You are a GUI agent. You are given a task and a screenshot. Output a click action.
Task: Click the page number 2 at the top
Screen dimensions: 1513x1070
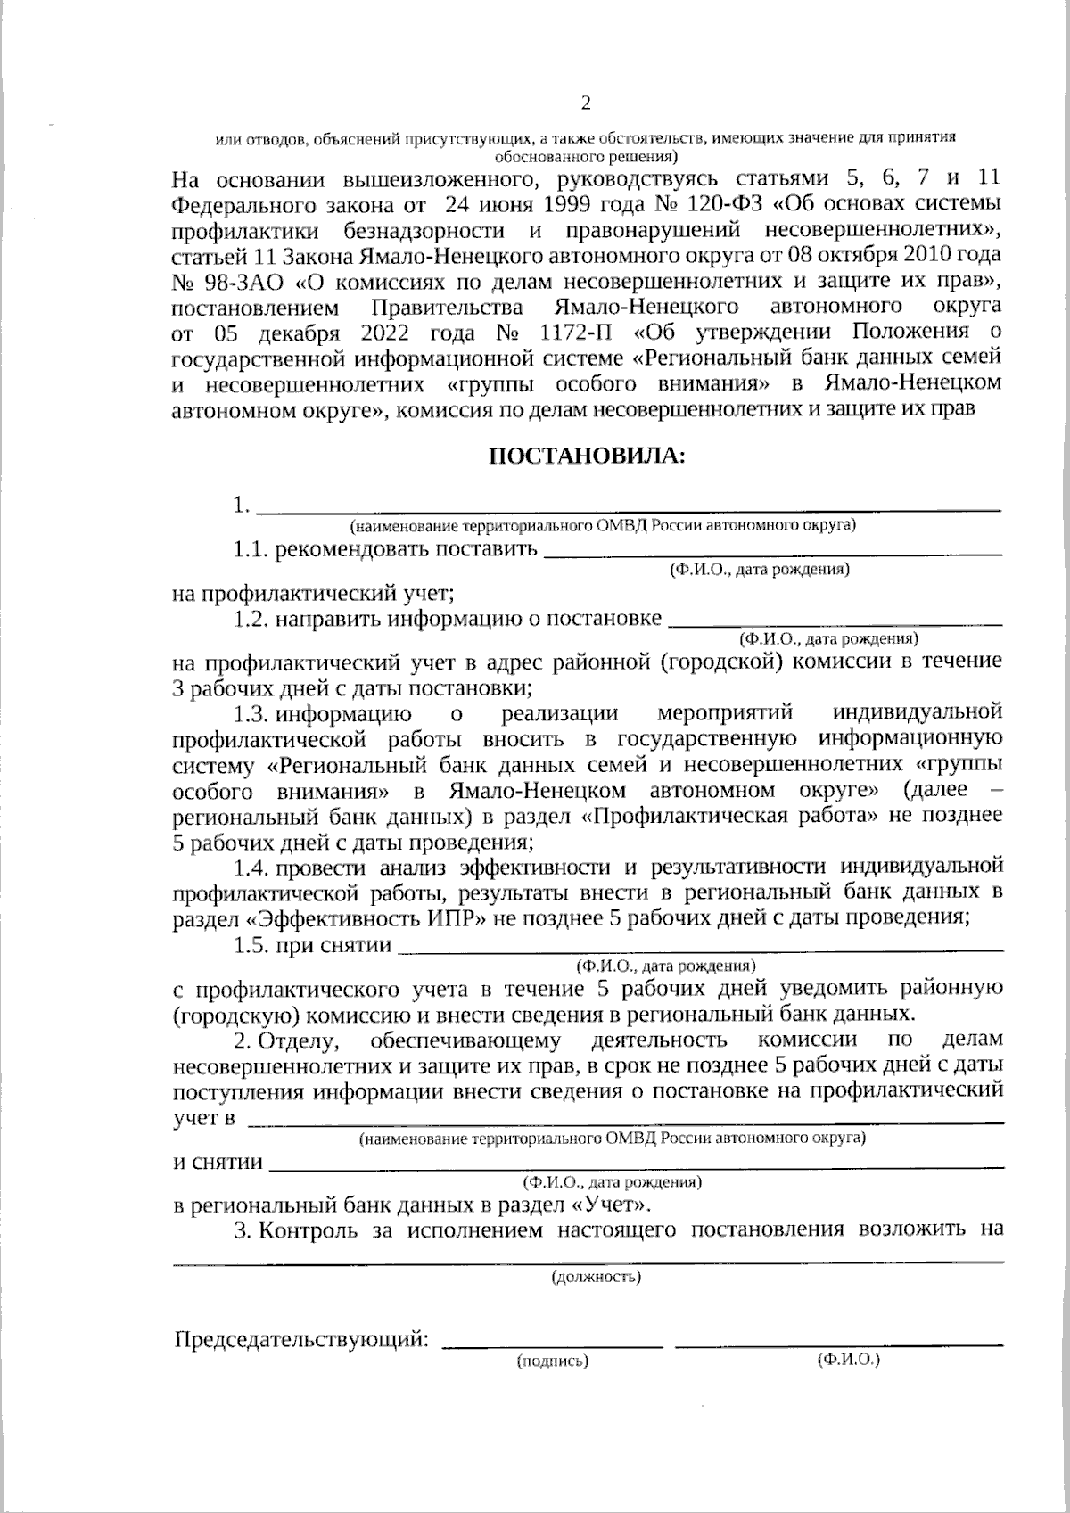coord(586,103)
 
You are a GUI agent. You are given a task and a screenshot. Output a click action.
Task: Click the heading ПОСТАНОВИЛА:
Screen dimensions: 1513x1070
coord(588,456)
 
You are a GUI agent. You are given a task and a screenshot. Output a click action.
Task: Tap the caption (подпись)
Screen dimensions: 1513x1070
coord(553,1361)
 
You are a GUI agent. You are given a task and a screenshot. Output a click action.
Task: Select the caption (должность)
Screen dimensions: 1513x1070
coord(596,1278)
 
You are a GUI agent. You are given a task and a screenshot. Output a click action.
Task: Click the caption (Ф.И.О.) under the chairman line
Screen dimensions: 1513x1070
coord(848,1360)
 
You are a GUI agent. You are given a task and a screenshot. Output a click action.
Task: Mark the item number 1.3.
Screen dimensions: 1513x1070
coord(252,713)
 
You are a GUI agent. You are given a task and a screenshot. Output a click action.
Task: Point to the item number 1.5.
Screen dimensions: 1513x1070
coord(252,945)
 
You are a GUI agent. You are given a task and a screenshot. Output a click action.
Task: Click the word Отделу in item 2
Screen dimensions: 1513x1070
coord(306,1040)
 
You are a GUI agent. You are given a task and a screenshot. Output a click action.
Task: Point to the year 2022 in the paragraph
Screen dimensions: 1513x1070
coord(387,333)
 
